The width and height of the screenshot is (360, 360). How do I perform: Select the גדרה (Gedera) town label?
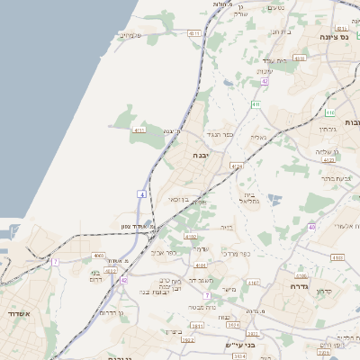(300, 285)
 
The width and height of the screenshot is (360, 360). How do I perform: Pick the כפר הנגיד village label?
(220, 135)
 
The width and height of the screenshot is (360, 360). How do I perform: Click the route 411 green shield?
(256, 104)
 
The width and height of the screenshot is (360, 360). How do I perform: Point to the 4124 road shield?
(237, 166)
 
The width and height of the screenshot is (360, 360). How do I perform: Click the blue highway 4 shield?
(141, 193)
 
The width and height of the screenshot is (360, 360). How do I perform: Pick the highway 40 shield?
(311, 227)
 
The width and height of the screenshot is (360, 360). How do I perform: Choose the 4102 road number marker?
(191, 236)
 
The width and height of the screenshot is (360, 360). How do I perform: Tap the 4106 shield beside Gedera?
(301, 276)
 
